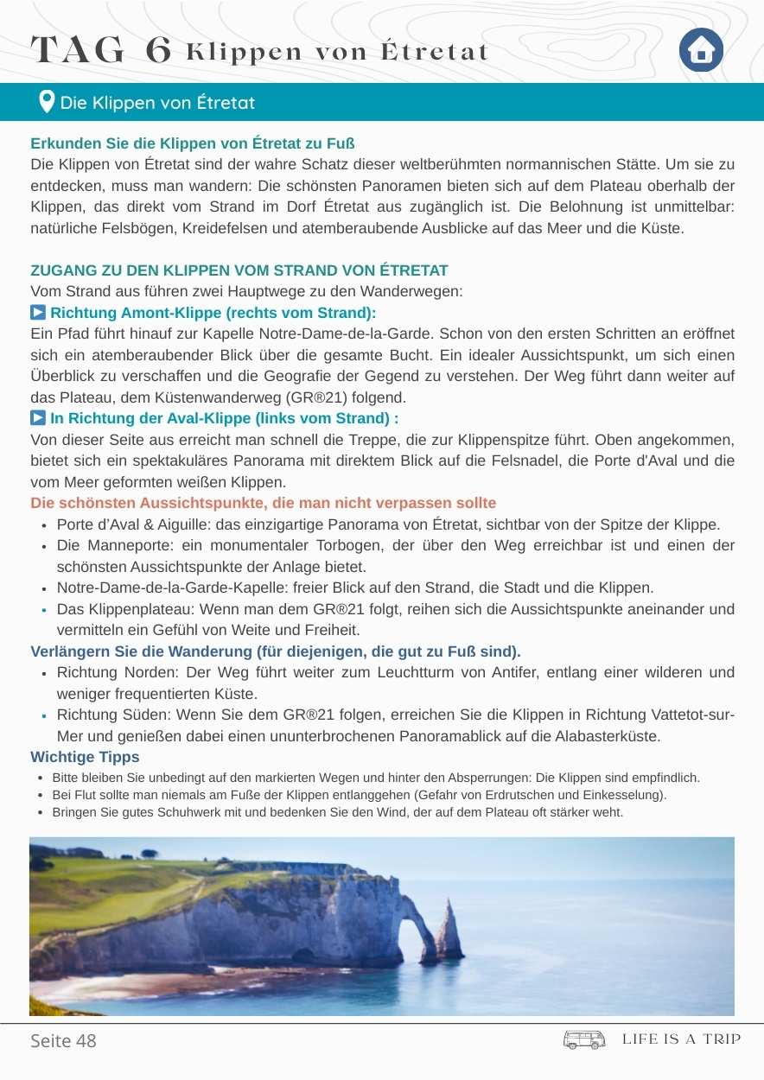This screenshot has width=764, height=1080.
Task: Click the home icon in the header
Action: click(x=701, y=51)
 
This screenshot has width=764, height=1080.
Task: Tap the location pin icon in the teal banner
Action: click(x=48, y=102)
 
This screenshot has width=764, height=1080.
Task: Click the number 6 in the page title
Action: click(x=158, y=51)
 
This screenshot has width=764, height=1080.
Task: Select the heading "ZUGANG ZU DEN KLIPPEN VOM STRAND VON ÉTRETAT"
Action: click(x=239, y=270)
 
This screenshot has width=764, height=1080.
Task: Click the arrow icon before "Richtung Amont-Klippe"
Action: click(x=38, y=312)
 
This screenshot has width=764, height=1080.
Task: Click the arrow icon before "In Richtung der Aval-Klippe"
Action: click(x=38, y=418)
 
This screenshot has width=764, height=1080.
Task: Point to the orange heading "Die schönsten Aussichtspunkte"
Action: click(x=263, y=503)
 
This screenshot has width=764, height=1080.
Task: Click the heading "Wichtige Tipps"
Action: click(x=85, y=757)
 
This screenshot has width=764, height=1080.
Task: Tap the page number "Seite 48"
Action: click(x=63, y=1040)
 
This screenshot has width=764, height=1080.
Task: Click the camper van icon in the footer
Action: click(x=584, y=1039)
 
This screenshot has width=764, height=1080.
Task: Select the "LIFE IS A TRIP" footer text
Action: click(x=681, y=1039)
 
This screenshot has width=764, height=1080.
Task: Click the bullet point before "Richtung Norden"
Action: click(x=43, y=673)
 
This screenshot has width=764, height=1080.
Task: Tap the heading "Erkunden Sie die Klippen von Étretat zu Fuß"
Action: click(x=193, y=143)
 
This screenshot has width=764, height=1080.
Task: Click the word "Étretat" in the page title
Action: click(x=436, y=52)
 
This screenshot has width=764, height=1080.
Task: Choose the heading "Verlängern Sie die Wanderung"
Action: click(x=275, y=651)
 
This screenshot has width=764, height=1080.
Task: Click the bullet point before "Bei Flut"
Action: click(x=41, y=795)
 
